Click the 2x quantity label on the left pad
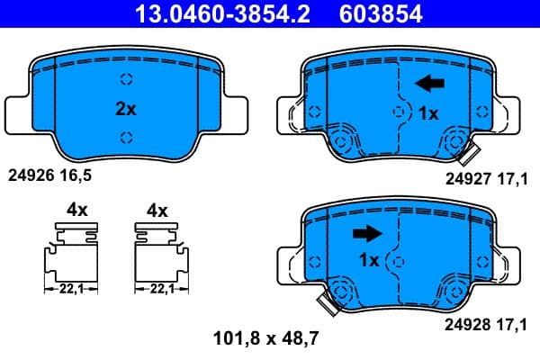[x=125, y=108]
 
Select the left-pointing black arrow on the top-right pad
[x=429, y=84]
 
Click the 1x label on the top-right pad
[x=429, y=113]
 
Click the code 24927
[x=466, y=179]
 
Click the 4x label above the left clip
[x=76, y=211]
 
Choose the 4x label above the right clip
[x=157, y=211]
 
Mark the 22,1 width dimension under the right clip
[x=159, y=289]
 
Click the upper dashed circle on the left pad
[x=126, y=77]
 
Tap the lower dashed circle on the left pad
[x=126, y=137]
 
